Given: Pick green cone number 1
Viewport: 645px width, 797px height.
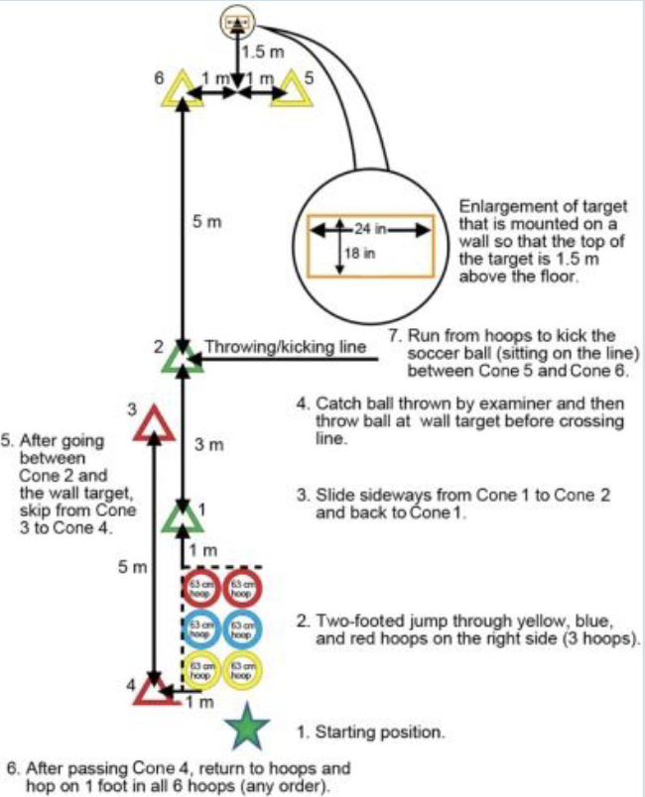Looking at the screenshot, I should click(x=183, y=517).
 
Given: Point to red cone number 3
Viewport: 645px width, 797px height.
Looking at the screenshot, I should click(x=153, y=423).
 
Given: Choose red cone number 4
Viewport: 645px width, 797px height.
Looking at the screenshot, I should click(x=154, y=690).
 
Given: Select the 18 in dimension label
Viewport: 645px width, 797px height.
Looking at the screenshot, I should click(x=353, y=253).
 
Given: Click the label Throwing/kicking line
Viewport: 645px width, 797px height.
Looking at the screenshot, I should click(x=286, y=348).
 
